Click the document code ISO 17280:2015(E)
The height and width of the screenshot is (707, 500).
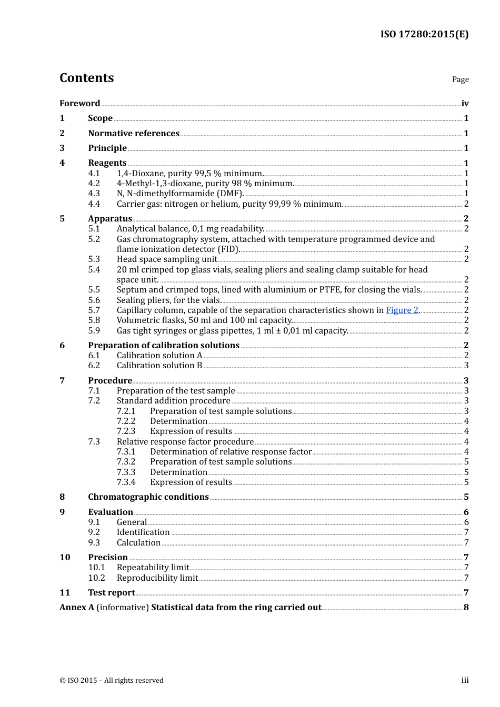point(424,34)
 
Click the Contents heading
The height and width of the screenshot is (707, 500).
point(86,78)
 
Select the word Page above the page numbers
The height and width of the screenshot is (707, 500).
point(460,79)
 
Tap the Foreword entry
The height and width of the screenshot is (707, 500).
point(79,103)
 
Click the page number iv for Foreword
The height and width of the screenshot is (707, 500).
point(465,104)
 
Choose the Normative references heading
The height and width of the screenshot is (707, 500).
point(134,134)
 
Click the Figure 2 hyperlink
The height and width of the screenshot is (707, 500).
point(402,310)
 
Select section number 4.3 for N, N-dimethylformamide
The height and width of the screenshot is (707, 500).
point(94,194)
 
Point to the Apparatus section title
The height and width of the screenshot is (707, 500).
point(110,219)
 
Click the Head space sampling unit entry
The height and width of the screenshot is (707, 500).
point(167,259)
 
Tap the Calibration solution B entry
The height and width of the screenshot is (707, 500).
point(159,366)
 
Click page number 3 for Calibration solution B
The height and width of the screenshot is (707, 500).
point(466,366)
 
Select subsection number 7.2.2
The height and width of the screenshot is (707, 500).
point(126,421)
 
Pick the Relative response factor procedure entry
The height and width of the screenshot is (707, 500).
point(185,442)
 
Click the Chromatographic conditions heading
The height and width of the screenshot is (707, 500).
point(148,497)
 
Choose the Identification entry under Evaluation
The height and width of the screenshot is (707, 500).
point(143,532)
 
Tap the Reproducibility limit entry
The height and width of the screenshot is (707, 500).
point(157,578)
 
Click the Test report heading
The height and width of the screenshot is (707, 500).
point(112,593)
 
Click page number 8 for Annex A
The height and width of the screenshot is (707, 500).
point(466,608)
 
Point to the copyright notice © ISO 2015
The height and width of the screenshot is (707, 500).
point(112,681)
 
